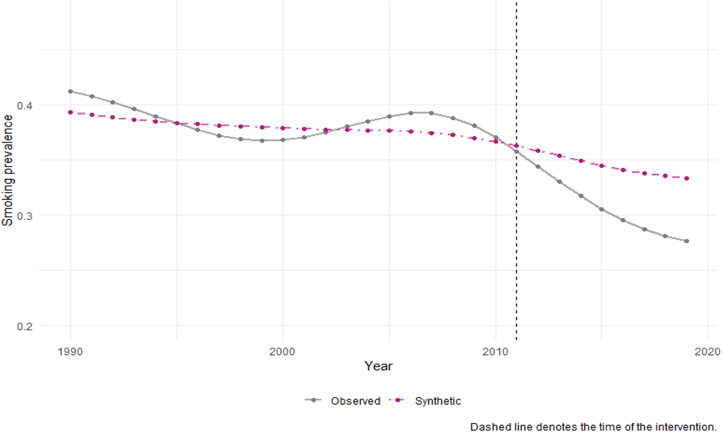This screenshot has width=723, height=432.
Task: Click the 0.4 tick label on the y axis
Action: point(25,105)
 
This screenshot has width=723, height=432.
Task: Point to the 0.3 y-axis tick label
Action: point(25,216)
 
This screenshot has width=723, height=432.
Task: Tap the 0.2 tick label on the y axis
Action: point(25,326)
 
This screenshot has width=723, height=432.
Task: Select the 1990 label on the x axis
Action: point(70,352)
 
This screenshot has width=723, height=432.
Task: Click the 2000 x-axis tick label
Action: point(282,352)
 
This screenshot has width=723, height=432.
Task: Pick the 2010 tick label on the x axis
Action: point(495,352)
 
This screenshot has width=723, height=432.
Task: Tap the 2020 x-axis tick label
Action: point(708,352)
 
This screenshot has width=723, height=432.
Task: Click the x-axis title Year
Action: point(379,366)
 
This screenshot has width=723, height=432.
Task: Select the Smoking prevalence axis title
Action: point(7,171)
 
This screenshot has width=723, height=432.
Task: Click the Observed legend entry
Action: point(343,401)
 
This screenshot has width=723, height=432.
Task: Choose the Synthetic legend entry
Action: point(425,401)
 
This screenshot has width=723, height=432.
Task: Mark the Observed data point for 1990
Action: point(70,91)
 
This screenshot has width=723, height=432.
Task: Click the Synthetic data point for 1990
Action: point(70,113)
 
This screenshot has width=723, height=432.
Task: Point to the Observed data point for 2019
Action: point(687,241)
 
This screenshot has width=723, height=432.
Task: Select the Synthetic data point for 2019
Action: point(687,178)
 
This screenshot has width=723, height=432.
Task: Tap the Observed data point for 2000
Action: point(283,140)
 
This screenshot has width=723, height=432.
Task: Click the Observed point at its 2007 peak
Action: point(431,113)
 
